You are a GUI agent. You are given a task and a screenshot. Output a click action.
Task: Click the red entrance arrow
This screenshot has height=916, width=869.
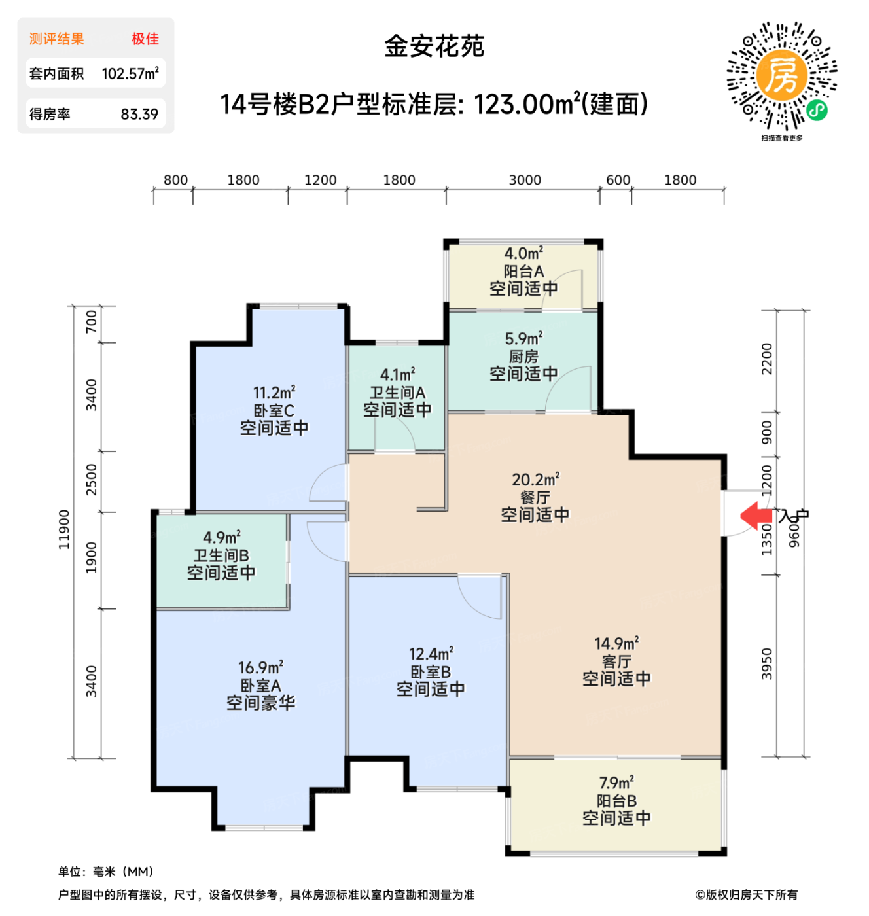[x=756, y=516]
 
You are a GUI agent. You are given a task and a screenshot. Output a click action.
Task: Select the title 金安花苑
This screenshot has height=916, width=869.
[x=434, y=46]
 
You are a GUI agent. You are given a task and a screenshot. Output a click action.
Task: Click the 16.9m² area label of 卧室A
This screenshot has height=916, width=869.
[x=260, y=667]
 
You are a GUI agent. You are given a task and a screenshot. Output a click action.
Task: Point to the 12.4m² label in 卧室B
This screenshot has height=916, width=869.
[x=431, y=654]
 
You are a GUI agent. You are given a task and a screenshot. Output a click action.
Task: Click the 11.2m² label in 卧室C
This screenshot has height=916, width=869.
[x=274, y=393]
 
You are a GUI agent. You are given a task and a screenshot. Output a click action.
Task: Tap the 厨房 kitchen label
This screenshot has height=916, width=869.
[x=523, y=357]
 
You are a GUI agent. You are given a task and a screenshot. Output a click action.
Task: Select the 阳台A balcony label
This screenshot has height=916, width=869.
[x=523, y=271]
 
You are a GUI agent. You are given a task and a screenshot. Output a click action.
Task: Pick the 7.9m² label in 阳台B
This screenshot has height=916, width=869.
[x=616, y=783]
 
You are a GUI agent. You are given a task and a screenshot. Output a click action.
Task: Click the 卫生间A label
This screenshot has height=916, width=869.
[x=397, y=393]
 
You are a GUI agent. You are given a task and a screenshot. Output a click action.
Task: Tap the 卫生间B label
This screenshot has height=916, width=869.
[x=221, y=555]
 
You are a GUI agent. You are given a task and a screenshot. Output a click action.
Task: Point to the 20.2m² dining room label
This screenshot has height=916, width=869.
[x=535, y=480]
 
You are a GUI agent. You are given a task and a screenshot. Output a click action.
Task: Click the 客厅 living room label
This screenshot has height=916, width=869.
[x=616, y=661]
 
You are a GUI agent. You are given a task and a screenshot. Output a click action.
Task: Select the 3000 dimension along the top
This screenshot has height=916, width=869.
[x=525, y=180]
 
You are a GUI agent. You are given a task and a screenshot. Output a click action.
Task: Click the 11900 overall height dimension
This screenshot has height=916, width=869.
[x=64, y=529]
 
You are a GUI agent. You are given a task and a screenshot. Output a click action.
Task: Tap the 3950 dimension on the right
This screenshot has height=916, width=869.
[x=767, y=663]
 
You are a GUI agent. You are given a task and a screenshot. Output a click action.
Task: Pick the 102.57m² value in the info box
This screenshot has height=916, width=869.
[x=130, y=73]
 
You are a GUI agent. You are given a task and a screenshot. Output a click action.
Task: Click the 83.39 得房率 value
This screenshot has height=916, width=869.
[x=139, y=114]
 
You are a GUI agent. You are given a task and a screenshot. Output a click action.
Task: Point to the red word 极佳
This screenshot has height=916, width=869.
[x=145, y=39]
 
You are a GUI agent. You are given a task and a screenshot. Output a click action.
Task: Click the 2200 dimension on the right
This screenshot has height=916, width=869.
[x=767, y=359]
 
